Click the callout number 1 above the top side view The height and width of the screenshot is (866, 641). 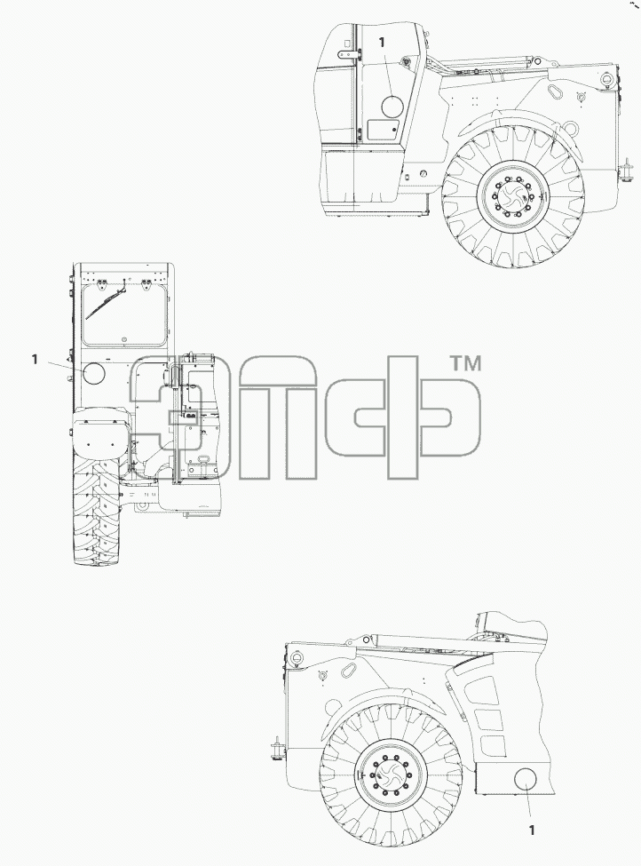point(382,42)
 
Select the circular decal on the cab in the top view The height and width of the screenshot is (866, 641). point(392,106)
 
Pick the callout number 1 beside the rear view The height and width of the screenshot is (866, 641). point(35,360)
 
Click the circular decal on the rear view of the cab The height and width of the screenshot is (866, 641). point(93,373)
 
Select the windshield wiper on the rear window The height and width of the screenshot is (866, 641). point(106,303)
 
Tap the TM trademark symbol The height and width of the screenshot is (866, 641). point(466,363)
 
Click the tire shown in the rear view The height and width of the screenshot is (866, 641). point(97,509)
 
